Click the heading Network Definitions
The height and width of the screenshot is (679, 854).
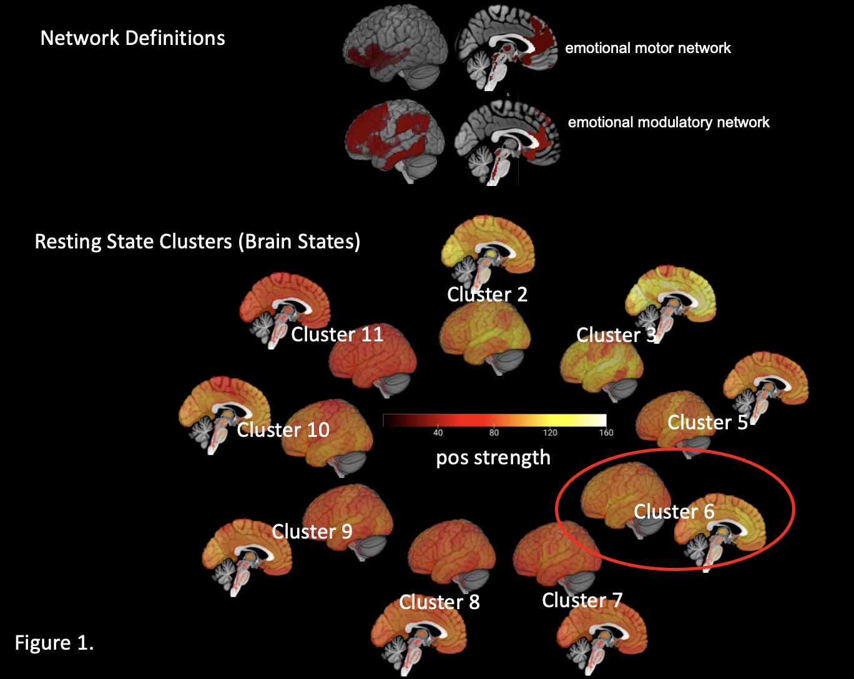coord(132,38)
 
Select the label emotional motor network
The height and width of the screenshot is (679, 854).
coord(647,48)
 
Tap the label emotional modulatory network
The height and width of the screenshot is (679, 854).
coord(668,122)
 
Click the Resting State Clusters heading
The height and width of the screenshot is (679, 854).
coord(197,242)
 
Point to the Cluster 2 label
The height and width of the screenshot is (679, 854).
coord(487,295)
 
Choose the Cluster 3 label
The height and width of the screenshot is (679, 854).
coord(616,335)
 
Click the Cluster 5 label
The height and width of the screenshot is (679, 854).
coord(707,423)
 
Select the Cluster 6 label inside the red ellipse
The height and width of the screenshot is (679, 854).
coord(674,512)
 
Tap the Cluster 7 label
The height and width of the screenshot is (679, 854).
coord(582,600)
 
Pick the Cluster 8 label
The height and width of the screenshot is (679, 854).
coord(439,602)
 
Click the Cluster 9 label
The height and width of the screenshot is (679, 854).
coord(312,532)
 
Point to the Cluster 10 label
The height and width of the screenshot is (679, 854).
coord(283,430)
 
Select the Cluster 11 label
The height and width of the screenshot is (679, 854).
coord(337,335)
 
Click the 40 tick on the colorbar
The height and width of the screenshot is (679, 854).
coord(438,433)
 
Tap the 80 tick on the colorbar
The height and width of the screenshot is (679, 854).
coord(494,433)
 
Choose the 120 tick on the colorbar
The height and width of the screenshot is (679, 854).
coord(550,433)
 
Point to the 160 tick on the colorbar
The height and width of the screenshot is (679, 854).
coord(606,433)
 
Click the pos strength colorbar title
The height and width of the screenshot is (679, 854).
coord(493,457)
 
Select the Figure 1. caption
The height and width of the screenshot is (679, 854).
coord(54,643)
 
